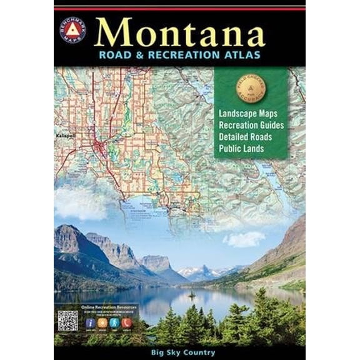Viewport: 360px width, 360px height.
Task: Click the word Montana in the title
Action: pos(180,32)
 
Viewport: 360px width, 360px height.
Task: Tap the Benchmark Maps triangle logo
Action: pos(72,31)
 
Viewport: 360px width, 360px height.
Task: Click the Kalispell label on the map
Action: pos(65,134)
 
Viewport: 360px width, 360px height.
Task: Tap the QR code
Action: pos(67,322)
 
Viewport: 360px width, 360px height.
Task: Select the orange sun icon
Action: pos(104,324)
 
